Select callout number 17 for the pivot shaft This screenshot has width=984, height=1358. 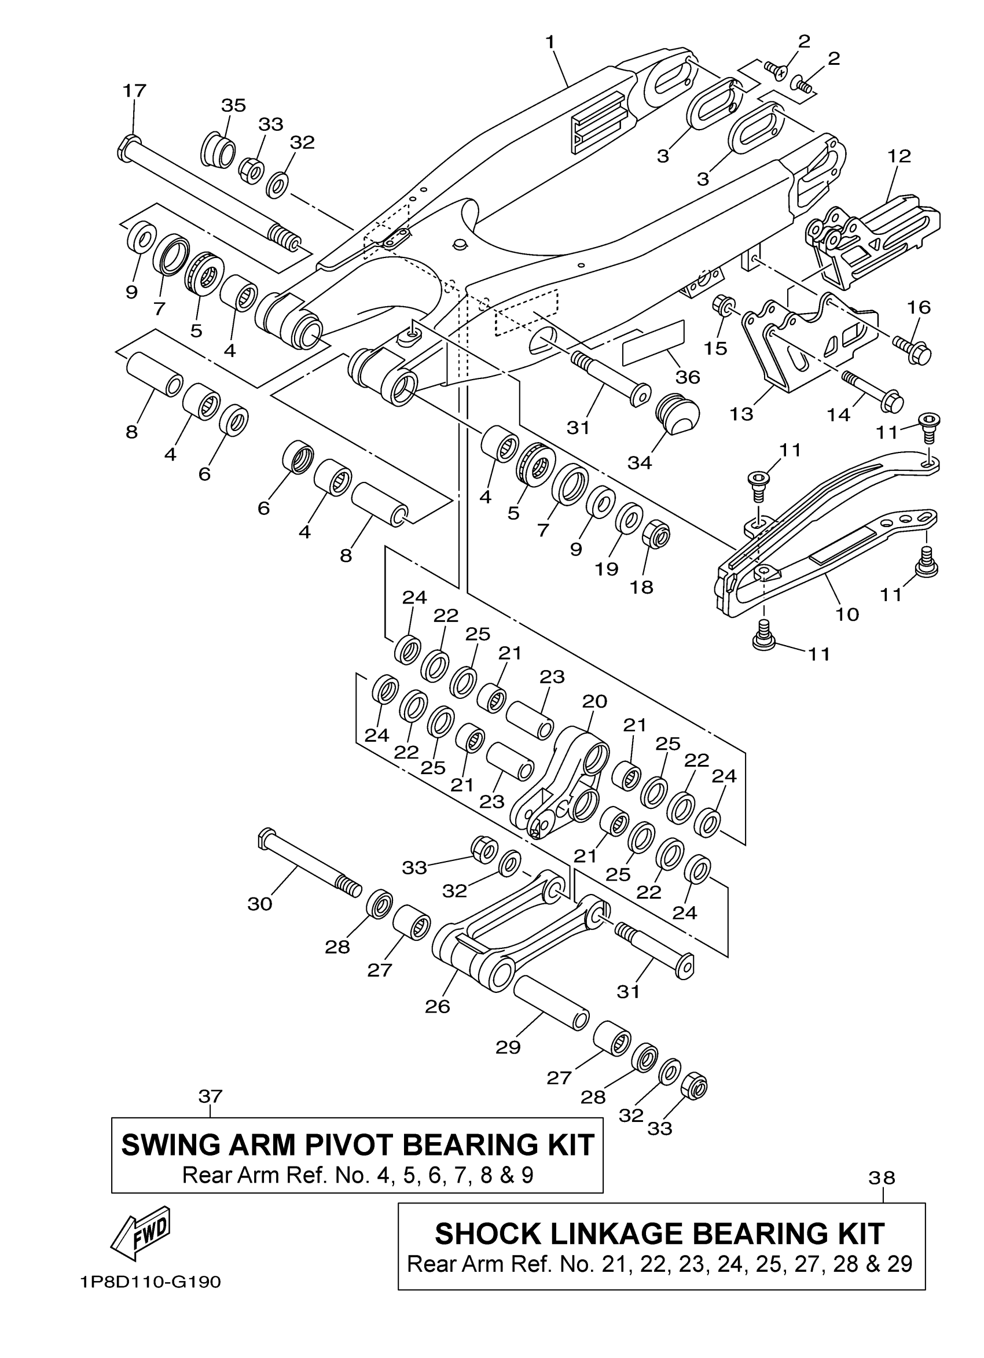(134, 91)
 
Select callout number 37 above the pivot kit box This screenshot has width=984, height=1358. (210, 1096)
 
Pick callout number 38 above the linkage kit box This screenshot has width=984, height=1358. (882, 1178)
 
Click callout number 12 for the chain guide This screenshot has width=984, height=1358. (899, 156)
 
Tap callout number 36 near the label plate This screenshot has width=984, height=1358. (688, 377)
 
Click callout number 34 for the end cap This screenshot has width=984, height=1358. (640, 462)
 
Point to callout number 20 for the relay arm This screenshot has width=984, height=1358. (594, 701)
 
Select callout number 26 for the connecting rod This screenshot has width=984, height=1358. (437, 1007)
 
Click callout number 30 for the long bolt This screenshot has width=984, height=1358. (260, 904)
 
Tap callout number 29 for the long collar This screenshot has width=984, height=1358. (508, 1047)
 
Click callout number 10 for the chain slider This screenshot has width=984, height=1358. (847, 614)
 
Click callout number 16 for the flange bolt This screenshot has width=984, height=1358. (919, 307)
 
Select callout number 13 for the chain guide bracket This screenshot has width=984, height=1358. (741, 414)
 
